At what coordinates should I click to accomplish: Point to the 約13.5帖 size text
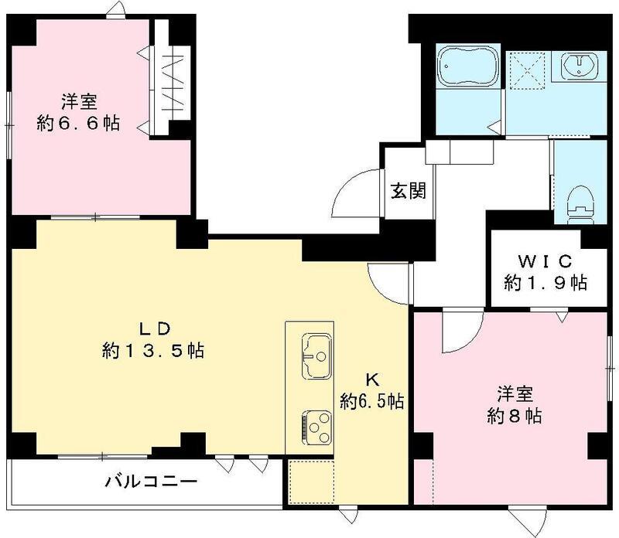click(152, 351)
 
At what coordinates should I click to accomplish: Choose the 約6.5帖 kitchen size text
click(373, 401)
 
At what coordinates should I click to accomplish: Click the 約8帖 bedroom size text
click(515, 416)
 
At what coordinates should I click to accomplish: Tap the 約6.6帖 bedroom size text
click(79, 123)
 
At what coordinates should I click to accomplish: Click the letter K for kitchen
click(371, 379)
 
